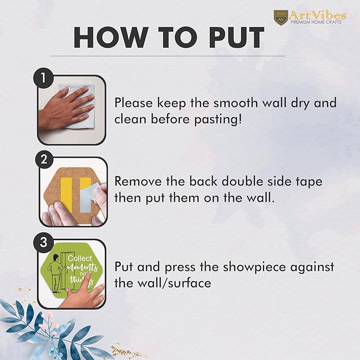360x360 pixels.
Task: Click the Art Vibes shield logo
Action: click(x=281, y=17)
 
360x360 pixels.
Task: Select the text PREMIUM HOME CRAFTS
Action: click(x=316, y=22)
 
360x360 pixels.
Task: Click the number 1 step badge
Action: click(x=43, y=78)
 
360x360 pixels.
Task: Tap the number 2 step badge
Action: click(x=43, y=160)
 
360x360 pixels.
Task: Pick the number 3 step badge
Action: click(x=43, y=242)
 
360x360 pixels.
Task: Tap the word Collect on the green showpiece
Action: click(x=80, y=259)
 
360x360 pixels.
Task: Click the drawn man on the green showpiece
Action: click(x=55, y=273)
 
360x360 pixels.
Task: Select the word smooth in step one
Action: click(x=235, y=103)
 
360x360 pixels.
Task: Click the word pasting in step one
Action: click(x=218, y=120)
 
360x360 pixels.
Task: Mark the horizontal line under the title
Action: click(x=169, y=56)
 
